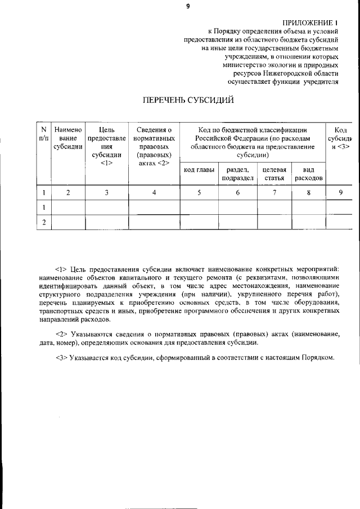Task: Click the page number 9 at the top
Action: pyautogui.click(x=188, y=6)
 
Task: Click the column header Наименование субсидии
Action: pyautogui.click(x=68, y=138)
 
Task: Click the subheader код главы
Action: pyautogui.click(x=199, y=170)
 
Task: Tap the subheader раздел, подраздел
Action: pyautogui.click(x=237, y=174)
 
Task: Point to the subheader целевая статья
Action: pyautogui.click(x=274, y=174)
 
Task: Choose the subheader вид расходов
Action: pyautogui.click(x=308, y=174)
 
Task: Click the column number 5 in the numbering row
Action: pyautogui.click(x=199, y=193)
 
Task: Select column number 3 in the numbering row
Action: pyautogui.click(x=107, y=193)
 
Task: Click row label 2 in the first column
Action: pyautogui.click(x=43, y=223)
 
